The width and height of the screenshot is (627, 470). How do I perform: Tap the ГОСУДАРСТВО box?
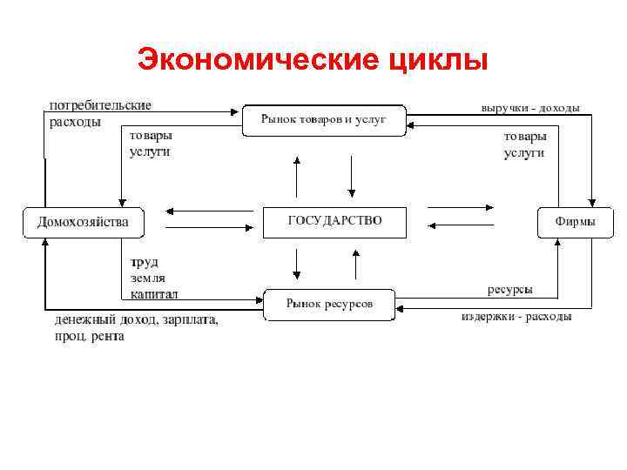click(x=334, y=221)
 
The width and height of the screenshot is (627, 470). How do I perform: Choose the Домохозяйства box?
click(x=82, y=222)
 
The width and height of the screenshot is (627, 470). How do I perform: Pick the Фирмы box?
click(x=576, y=222)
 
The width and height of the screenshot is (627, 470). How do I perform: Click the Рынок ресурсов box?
click(x=329, y=304)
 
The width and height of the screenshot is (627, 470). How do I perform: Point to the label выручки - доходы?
click(x=530, y=108)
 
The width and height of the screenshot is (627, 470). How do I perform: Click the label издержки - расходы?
click(x=516, y=316)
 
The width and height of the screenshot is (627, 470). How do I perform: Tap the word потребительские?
click(x=99, y=105)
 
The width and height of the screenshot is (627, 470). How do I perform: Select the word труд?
click(x=144, y=261)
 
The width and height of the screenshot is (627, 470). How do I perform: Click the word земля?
click(x=147, y=278)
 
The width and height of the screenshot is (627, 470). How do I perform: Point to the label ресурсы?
click(x=510, y=289)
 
